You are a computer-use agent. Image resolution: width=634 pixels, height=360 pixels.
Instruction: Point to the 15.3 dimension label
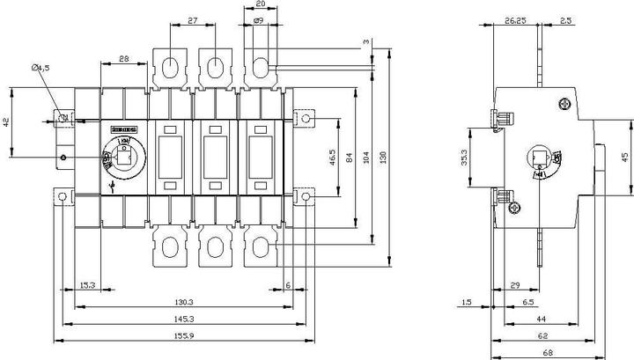point(87,285)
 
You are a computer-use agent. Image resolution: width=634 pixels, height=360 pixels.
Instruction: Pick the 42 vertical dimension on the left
point(7,122)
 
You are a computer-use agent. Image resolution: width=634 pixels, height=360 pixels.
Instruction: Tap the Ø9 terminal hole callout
point(258,19)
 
